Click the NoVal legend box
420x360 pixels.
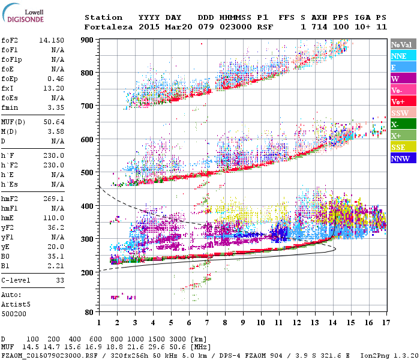402,44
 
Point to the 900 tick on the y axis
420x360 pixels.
88,40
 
